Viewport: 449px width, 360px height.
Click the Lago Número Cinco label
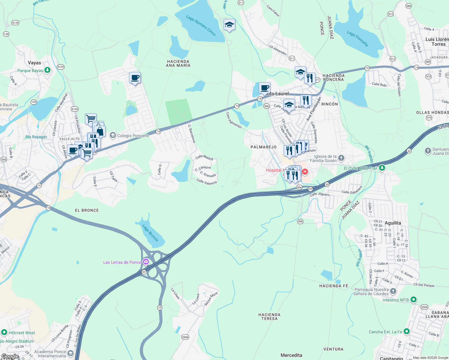tap(201, 25)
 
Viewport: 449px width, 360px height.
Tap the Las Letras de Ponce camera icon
tap(146, 262)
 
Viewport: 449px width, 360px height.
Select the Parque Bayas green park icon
tap(47, 70)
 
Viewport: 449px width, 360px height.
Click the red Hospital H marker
tap(305, 172)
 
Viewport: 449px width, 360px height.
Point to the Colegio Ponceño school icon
tap(113, 136)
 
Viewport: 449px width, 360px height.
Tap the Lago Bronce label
tap(150, 232)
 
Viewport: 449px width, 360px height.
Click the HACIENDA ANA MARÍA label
tap(178, 63)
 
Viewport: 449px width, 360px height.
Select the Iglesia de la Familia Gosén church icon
tap(341, 158)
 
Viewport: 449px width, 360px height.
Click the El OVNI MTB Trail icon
tap(382, 168)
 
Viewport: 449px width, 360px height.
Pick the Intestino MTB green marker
tap(413, 299)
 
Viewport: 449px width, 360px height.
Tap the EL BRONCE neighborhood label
tap(87, 210)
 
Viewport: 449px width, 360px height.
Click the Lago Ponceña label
tap(357, 38)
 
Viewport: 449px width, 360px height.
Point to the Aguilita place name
tap(393, 223)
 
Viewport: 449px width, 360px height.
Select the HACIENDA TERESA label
tap(269, 316)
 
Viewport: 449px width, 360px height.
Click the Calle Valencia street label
tap(206, 181)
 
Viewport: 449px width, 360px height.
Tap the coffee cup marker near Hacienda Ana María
tap(135, 78)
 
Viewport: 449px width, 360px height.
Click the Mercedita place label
tap(291, 355)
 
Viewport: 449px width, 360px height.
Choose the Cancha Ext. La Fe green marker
tap(406, 331)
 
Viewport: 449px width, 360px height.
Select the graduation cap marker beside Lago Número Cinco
tap(229, 25)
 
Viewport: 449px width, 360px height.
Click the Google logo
tap(10, 356)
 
